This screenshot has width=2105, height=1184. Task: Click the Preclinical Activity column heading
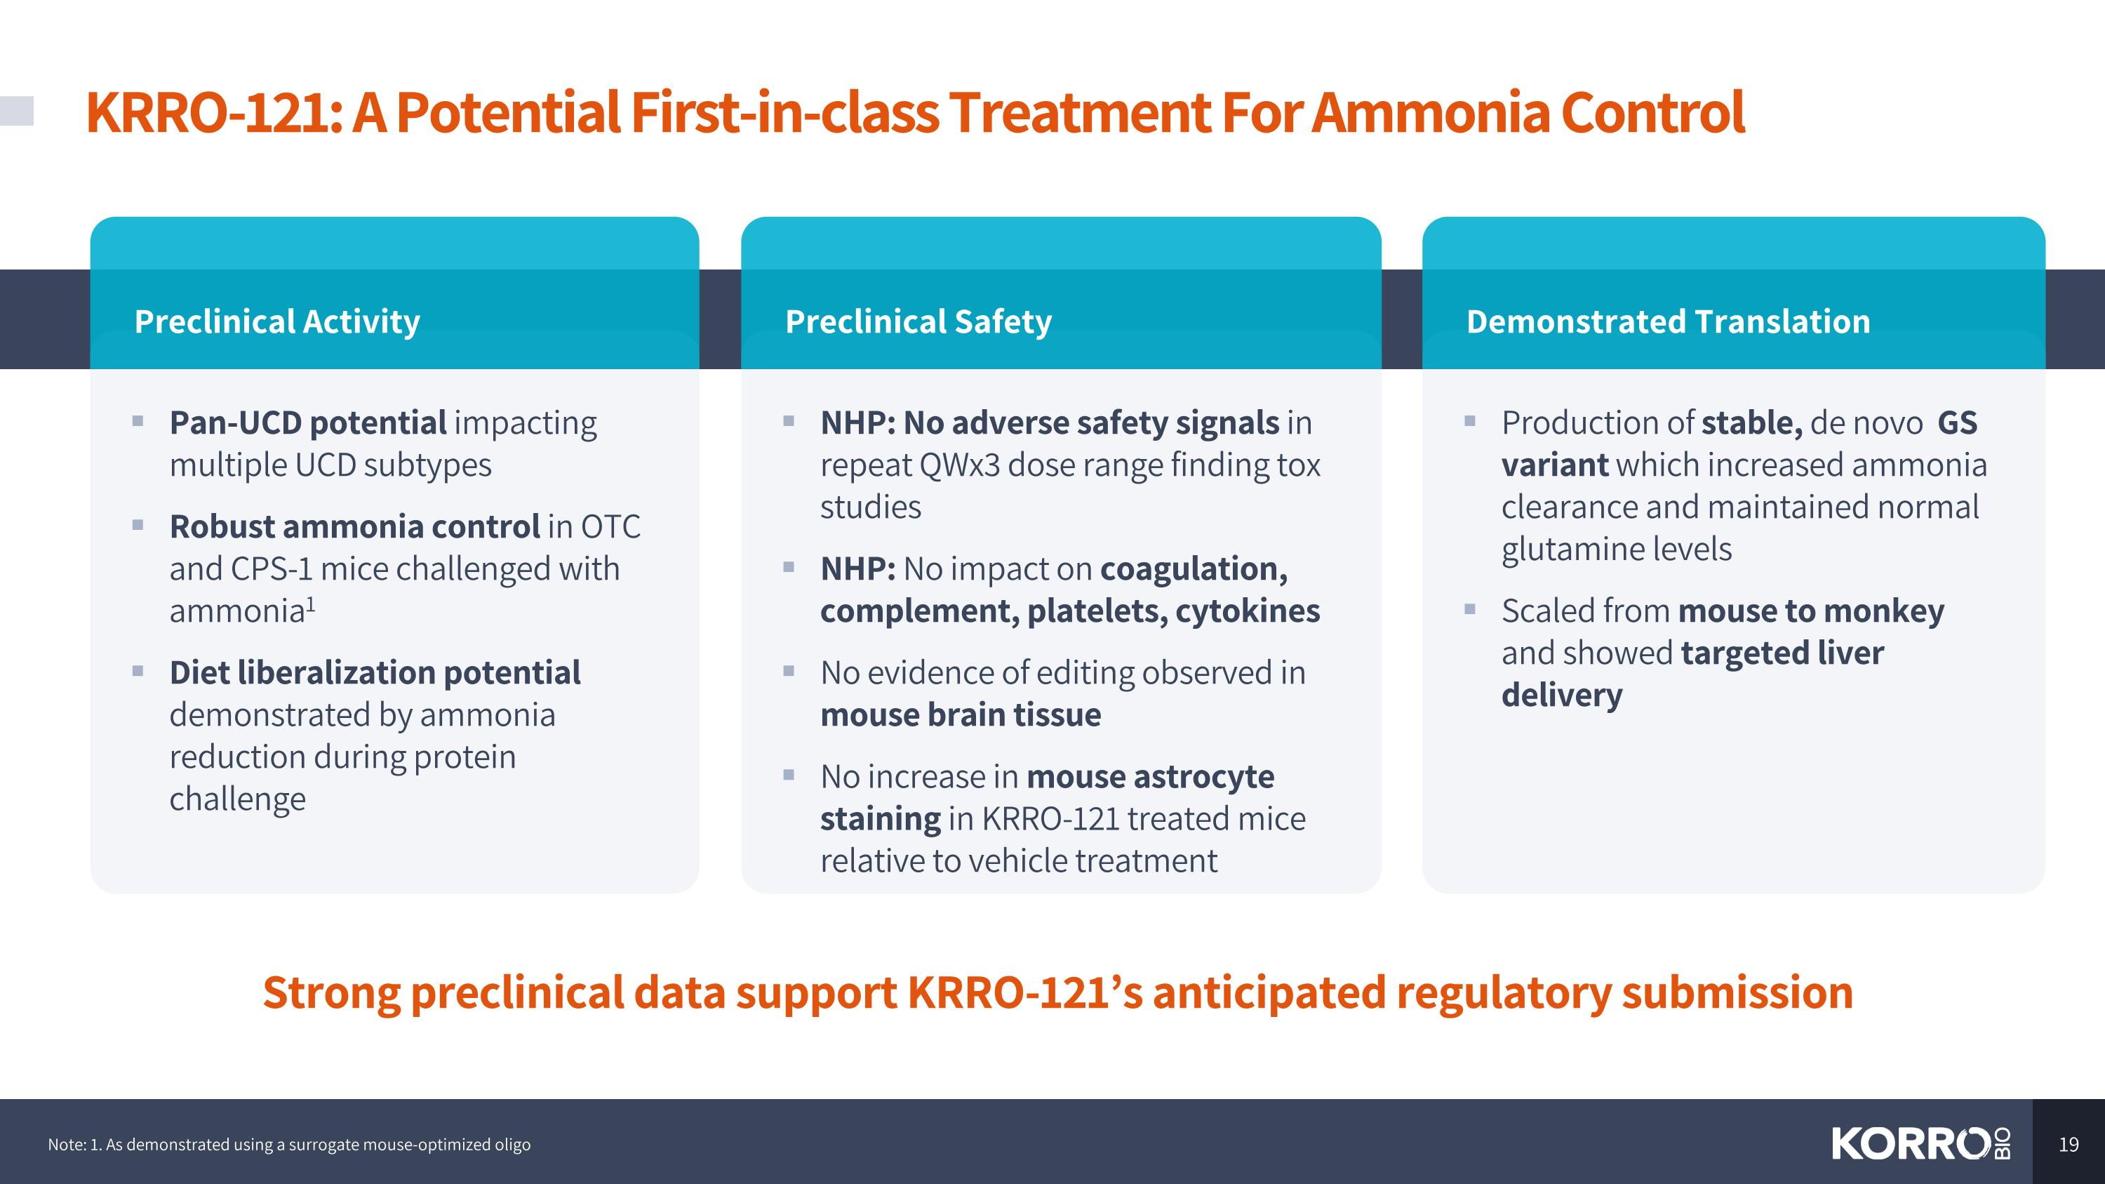[276, 322]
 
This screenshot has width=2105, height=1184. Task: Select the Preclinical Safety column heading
[918, 322]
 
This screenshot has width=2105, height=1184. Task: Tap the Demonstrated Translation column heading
[1667, 322]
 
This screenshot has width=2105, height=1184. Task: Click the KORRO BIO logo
[1920, 1143]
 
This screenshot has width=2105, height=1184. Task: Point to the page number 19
[2069, 1144]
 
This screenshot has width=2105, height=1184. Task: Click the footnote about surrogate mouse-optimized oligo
[289, 1144]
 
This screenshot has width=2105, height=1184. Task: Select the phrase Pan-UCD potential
[307, 423]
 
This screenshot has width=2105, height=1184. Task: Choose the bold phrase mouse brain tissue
[960, 715]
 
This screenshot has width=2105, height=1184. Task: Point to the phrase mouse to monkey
[1810, 611]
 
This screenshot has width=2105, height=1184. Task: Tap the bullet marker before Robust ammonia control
[138, 526]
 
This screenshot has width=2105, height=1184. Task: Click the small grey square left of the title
[16, 111]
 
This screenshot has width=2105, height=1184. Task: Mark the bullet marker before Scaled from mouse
[1470, 610]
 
